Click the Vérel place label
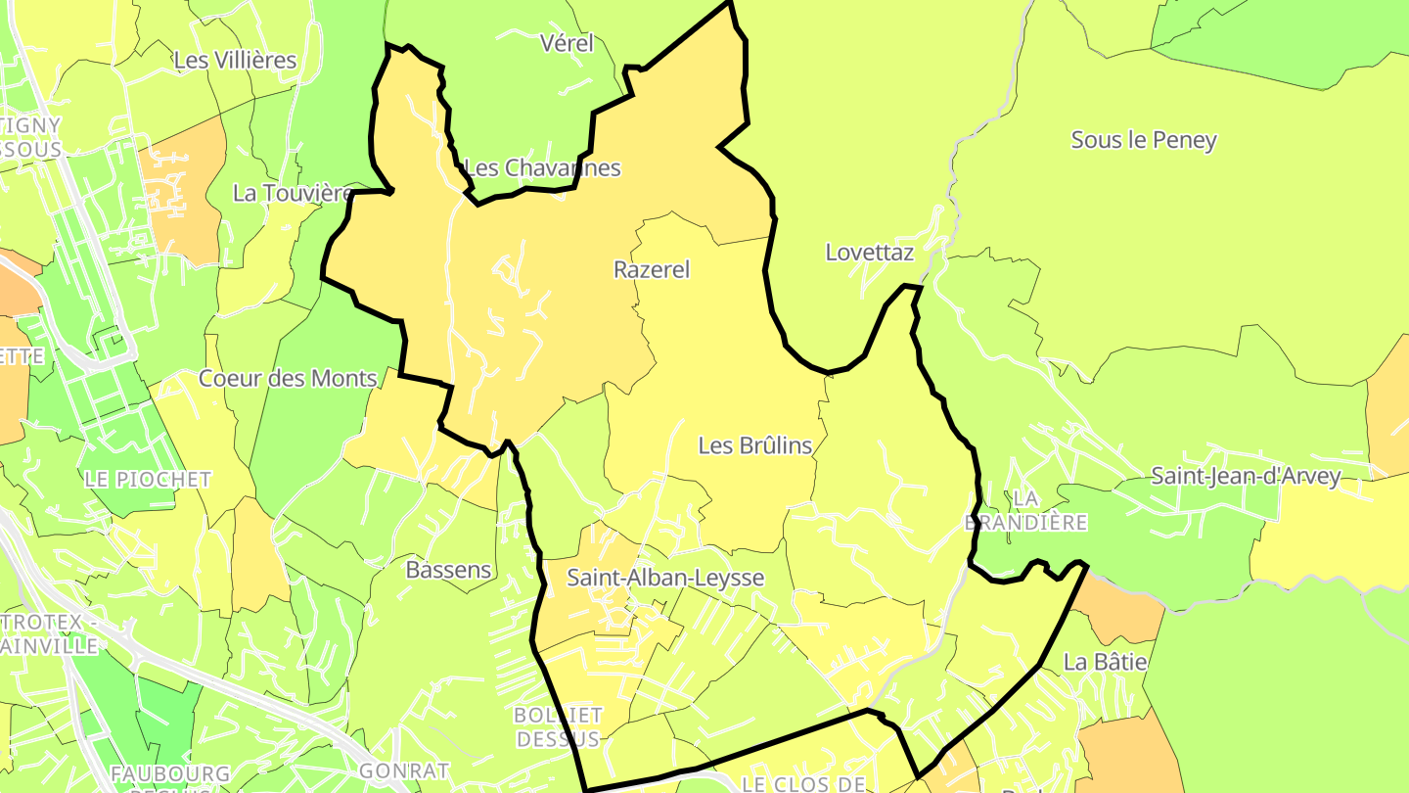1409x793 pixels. coord(567,43)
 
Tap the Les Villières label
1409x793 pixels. coord(235,61)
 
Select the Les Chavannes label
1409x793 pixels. coord(542,168)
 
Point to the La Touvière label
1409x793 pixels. coord(292,194)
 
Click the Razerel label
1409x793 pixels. coord(652,270)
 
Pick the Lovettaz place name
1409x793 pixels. coord(870,253)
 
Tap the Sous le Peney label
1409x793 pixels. coord(1144,140)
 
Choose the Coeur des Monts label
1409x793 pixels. coord(288,379)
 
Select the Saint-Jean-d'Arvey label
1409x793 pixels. coord(1245,478)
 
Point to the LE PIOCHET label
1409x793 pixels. coord(148,480)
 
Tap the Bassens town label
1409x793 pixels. coord(448,571)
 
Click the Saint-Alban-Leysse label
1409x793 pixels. coord(665,579)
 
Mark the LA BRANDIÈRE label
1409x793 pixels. coord(1025,511)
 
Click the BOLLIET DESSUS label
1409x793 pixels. coord(558,727)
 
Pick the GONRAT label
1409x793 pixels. coord(403,771)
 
